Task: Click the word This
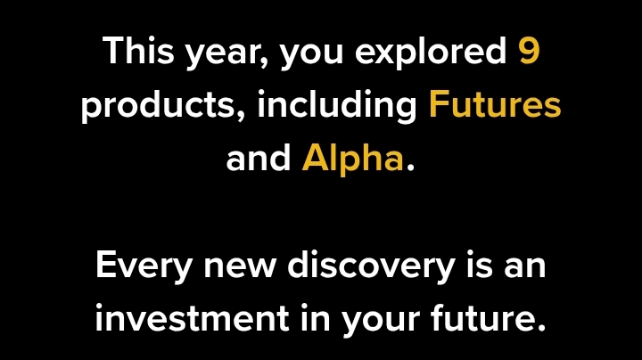(x=138, y=50)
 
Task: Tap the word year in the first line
(x=224, y=55)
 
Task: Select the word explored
(x=431, y=53)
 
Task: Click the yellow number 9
(x=529, y=50)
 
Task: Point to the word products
(x=159, y=106)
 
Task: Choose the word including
(x=337, y=106)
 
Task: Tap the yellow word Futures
(x=495, y=104)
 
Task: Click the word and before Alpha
(x=259, y=158)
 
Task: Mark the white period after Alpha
(x=410, y=168)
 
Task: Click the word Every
(x=144, y=267)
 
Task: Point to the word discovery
(x=371, y=267)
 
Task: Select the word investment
(x=193, y=318)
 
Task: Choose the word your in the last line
(x=381, y=321)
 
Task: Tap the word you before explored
(x=311, y=55)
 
